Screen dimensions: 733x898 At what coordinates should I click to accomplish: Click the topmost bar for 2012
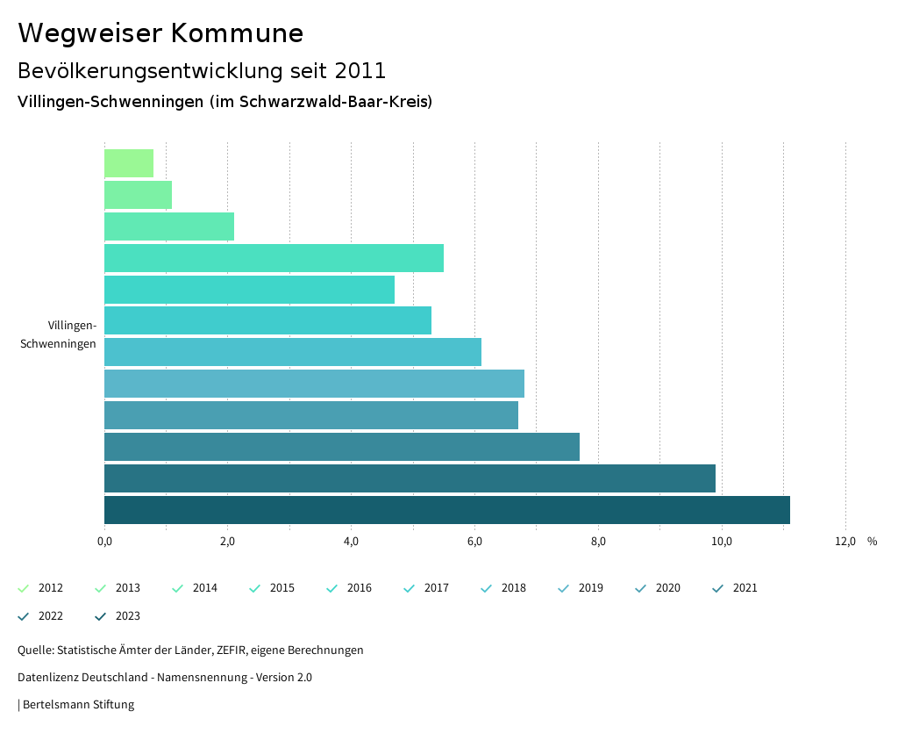pyautogui.click(x=129, y=163)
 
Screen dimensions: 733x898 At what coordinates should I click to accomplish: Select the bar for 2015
pyautogui.click(x=274, y=258)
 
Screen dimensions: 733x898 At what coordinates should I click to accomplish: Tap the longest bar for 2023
pyautogui.click(x=447, y=510)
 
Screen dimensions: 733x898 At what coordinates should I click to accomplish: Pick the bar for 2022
pyautogui.click(x=410, y=478)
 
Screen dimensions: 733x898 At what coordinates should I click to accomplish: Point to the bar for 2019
pyautogui.click(x=314, y=384)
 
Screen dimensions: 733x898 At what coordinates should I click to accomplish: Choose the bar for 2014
pyautogui.click(x=169, y=226)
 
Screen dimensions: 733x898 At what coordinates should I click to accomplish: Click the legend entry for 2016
pyautogui.click(x=349, y=588)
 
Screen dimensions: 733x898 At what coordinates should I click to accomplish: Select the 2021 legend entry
pyautogui.click(x=735, y=588)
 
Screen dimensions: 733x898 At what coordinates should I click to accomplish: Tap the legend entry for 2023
pyautogui.click(x=118, y=616)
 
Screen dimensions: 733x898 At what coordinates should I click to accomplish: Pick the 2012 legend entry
pyautogui.click(x=40, y=588)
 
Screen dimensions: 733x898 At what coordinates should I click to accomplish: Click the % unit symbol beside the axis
pyautogui.click(x=872, y=542)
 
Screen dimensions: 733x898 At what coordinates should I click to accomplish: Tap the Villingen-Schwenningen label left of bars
pyautogui.click(x=59, y=334)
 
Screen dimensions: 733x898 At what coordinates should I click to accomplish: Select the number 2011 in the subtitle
pyautogui.click(x=360, y=70)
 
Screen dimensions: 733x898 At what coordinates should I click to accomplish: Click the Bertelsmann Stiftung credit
pyautogui.click(x=78, y=705)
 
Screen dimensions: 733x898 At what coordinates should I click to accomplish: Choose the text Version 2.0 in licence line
pyautogui.click(x=283, y=678)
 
